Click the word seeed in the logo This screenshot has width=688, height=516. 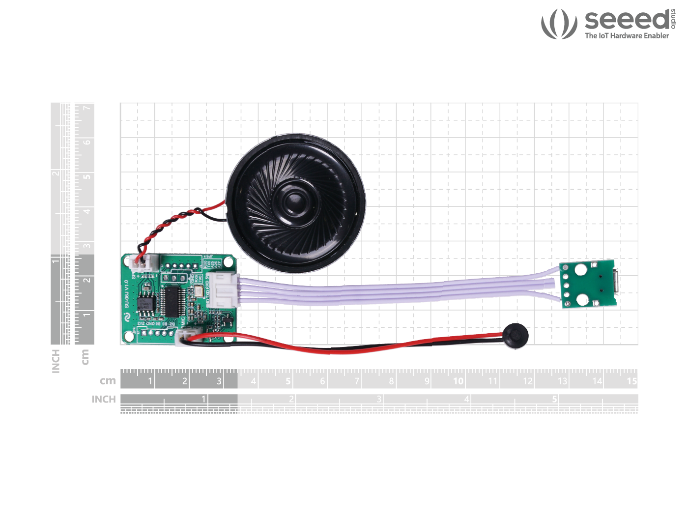[627, 20]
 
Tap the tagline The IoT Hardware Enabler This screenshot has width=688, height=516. [627, 36]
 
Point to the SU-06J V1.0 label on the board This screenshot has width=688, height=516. [126, 294]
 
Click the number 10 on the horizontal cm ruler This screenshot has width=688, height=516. [458, 381]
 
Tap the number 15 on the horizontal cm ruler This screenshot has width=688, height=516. [631, 381]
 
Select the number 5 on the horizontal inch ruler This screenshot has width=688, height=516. [554, 399]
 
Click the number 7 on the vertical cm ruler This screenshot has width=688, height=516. [86, 108]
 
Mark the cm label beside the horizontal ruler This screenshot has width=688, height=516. [108, 381]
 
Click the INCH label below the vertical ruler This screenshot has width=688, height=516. [56, 361]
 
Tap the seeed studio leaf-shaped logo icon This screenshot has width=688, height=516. [559, 24]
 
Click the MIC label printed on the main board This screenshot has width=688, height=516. [183, 322]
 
